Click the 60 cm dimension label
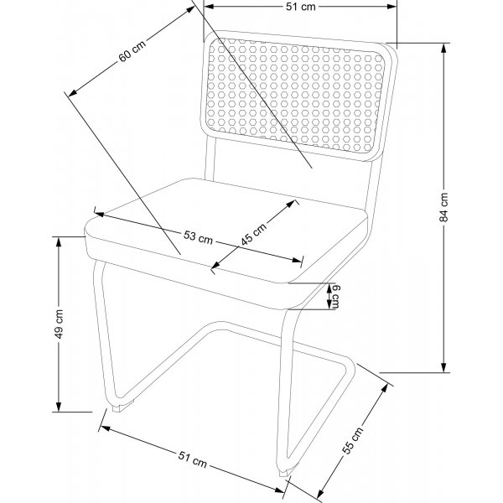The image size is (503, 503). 132,50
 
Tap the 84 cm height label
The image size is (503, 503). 443,207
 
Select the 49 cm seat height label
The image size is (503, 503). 59,324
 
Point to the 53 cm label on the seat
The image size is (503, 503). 198,237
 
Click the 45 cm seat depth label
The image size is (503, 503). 254,234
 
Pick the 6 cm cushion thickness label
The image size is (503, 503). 334,296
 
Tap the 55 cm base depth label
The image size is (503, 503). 353,440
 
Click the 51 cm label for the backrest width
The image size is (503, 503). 301,7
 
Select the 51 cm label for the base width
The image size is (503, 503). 193,459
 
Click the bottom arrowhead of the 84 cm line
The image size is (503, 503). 443,368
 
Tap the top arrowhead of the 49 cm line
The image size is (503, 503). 59,242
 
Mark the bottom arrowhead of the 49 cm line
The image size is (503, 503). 59,407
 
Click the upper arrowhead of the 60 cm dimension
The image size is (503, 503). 190,9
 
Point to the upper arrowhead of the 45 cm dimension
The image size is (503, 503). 291,204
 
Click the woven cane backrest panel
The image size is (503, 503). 295,96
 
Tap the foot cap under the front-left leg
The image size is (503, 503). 123,407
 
